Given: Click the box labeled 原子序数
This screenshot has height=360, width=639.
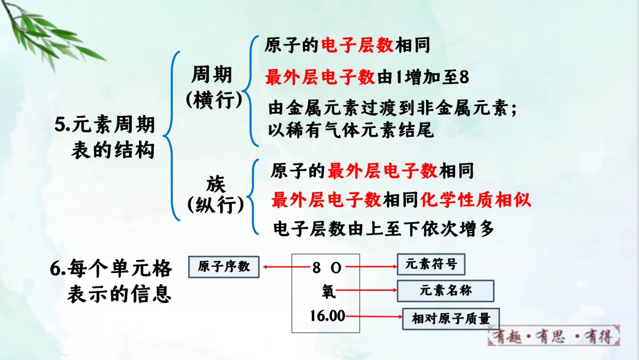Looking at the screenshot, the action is pyautogui.click(x=224, y=267).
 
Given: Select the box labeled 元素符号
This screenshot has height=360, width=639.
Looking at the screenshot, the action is pyautogui.click(x=431, y=265).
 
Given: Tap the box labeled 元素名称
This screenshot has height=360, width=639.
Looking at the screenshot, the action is pyautogui.click(x=446, y=291).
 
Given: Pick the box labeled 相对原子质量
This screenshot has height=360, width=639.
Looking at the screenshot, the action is pyautogui.click(x=451, y=319).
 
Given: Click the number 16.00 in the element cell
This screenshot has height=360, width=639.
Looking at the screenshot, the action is pyautogui.click(x=327, y=316).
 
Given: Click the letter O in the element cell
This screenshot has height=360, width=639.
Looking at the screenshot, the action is pyautogui.click(x=336, y=268).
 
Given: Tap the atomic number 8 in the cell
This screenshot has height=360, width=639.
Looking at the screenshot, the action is pyautogui.click(x=317, y=268).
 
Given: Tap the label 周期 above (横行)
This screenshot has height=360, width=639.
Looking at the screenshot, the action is pyautogui.click(x=212, y=75).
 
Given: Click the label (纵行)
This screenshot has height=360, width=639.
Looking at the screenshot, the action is pyautogui.click(x=215, y=205).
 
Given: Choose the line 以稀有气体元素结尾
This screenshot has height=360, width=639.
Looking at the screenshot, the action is pyautogui.click(x=351, y=130).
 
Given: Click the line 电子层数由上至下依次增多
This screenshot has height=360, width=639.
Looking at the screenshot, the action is pyautogui.click(x=383, y=229).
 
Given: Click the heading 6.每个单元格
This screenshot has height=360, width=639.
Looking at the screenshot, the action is pyautogui.click(x=111, y=269).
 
